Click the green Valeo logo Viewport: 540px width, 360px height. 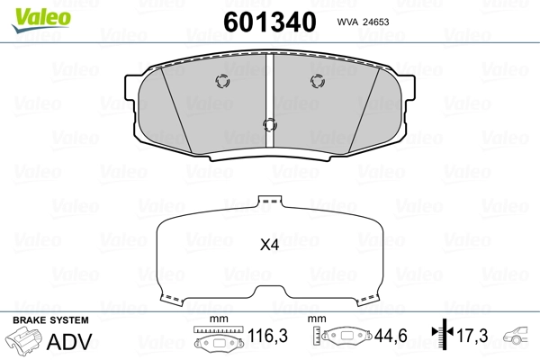coord(41,20)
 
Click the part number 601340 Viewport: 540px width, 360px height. coord(270,22)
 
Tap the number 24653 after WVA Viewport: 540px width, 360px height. coord(374,22)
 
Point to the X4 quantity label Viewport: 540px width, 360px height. coord(269,245)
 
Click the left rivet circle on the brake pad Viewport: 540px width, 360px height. coord(222,81)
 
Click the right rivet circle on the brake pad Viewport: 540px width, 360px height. coord(318,81)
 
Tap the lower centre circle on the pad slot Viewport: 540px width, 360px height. coord(270,125)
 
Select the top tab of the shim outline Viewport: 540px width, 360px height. coord(270,201)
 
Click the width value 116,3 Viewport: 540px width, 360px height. coord(267,336)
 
